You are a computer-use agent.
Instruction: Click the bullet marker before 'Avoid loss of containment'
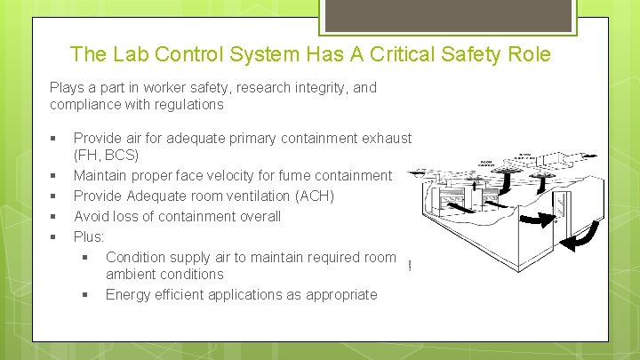(55, 216)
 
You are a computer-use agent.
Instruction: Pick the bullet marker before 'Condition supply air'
(85, 257)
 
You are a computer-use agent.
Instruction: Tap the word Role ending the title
(531, 54)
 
